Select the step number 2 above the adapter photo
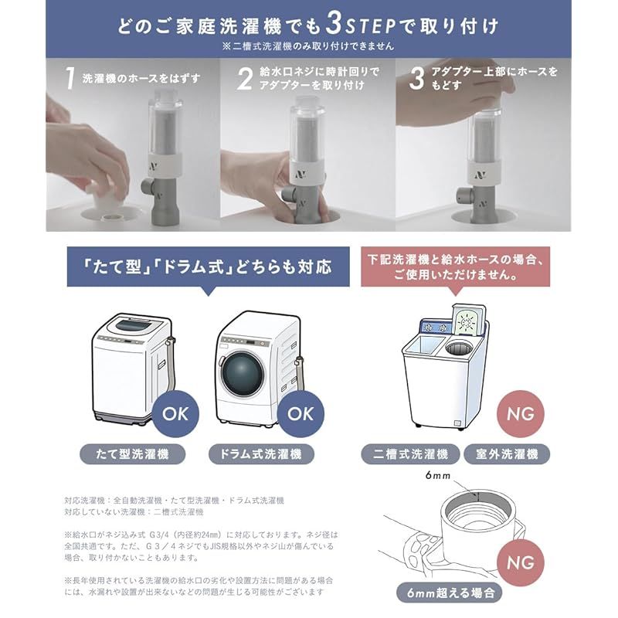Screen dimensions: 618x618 pos(244,78)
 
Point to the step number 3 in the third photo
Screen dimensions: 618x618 pos(417,77)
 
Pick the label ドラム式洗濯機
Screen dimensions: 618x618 pos(262,453)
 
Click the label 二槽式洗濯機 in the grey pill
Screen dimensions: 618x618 pos(409,453)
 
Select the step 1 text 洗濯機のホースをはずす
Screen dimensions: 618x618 pos(135,78)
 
